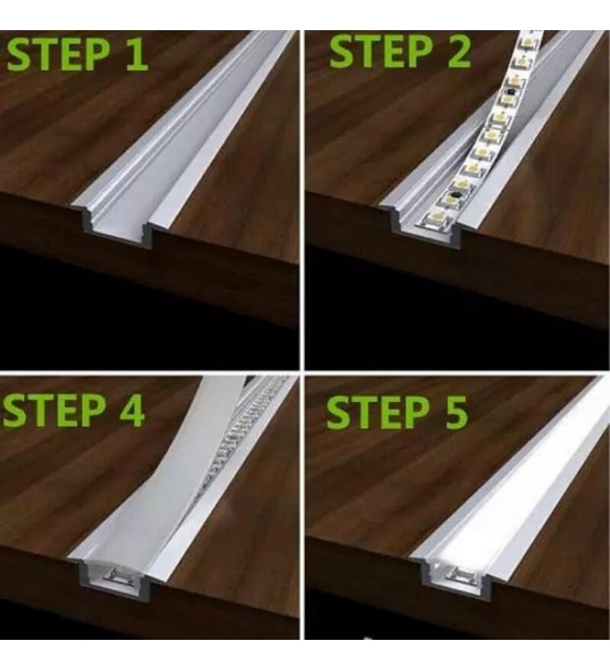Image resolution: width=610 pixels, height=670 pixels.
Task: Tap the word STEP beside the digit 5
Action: (x=377, y=413)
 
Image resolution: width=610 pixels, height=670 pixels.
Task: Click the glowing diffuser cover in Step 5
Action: (x=511, y=494)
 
